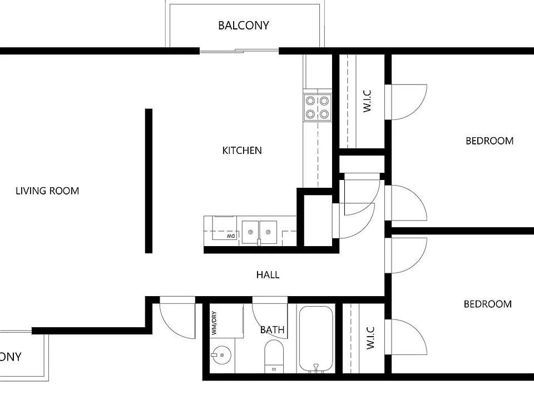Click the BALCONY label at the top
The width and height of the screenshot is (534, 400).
244,26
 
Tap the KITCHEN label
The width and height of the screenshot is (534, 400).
242,151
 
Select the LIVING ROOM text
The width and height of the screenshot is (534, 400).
47,191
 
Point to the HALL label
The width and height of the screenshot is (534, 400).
268,275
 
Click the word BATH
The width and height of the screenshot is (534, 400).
272,329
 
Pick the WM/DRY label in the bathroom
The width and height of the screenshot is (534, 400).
214,323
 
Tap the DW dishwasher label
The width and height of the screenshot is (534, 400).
231,236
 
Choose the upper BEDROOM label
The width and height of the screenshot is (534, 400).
489,141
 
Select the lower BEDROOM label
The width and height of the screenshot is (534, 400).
488,304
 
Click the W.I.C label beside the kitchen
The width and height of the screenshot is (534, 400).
367,101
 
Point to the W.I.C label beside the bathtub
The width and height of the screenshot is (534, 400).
370,338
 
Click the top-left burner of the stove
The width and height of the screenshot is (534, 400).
310,101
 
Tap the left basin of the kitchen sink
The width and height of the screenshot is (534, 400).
250,232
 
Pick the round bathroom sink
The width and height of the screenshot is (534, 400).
221,356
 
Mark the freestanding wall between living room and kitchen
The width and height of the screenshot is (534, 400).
149,181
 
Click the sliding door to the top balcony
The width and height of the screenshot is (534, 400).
239,51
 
